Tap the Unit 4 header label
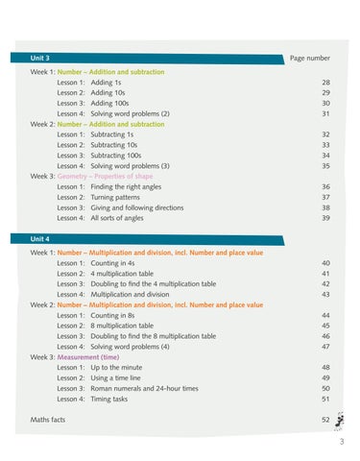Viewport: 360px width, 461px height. point(40,238)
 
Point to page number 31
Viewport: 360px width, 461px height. point(325,113)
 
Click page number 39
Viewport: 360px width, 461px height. point(325,218)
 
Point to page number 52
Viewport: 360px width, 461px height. point(325,420)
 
